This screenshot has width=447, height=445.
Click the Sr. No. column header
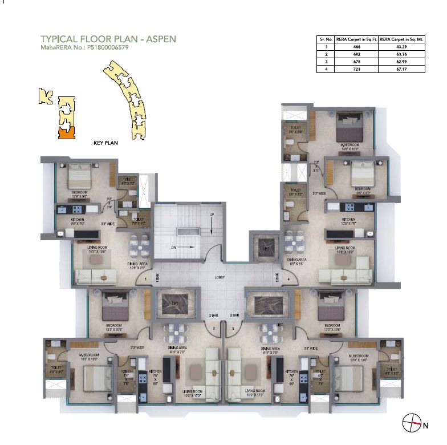326,39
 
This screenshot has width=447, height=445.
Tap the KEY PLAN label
105,143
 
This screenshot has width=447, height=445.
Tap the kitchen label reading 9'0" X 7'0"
78,221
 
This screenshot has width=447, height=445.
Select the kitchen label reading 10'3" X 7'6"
348,221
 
